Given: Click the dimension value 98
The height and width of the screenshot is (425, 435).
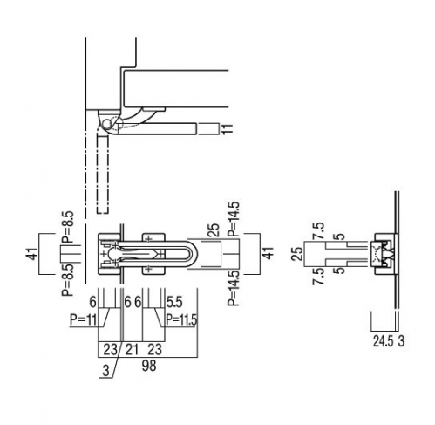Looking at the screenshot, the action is click(149, 366).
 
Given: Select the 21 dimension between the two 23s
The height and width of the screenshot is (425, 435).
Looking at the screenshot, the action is click(132, 349).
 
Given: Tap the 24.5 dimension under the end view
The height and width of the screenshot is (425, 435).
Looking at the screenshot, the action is click(383, 341).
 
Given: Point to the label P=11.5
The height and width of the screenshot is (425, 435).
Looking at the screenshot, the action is click(181, 319).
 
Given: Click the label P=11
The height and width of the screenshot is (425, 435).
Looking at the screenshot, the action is click(83, 319).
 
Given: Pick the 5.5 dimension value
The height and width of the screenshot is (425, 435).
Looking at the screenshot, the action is click(174, 303).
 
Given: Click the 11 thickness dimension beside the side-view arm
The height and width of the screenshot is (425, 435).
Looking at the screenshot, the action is click(228, 129).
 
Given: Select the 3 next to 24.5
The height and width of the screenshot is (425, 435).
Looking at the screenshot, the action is click(401, 341).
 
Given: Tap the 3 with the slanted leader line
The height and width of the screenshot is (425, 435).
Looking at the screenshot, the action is click(106, 370).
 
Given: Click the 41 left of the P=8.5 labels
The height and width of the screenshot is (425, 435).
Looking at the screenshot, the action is click(34, 253).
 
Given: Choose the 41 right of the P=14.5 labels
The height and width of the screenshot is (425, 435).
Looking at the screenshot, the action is click(268, 253).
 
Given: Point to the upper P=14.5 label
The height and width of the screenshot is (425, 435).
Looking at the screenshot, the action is click(234, 218).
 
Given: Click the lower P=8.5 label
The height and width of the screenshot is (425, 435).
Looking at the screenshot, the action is click(67, 280).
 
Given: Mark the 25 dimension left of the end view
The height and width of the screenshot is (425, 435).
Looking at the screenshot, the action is click(297, 254).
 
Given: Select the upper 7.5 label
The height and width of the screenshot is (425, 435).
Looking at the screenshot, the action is click(318, 231).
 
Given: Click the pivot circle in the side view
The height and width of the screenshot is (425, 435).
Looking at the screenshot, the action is click(107, 125).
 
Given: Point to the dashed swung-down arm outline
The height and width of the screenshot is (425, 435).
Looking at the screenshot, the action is click(103, 175).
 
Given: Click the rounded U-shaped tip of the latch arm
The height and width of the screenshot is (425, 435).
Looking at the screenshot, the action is click(195, 254).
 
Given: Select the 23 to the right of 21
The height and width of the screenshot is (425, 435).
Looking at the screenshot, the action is click(154, 349).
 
